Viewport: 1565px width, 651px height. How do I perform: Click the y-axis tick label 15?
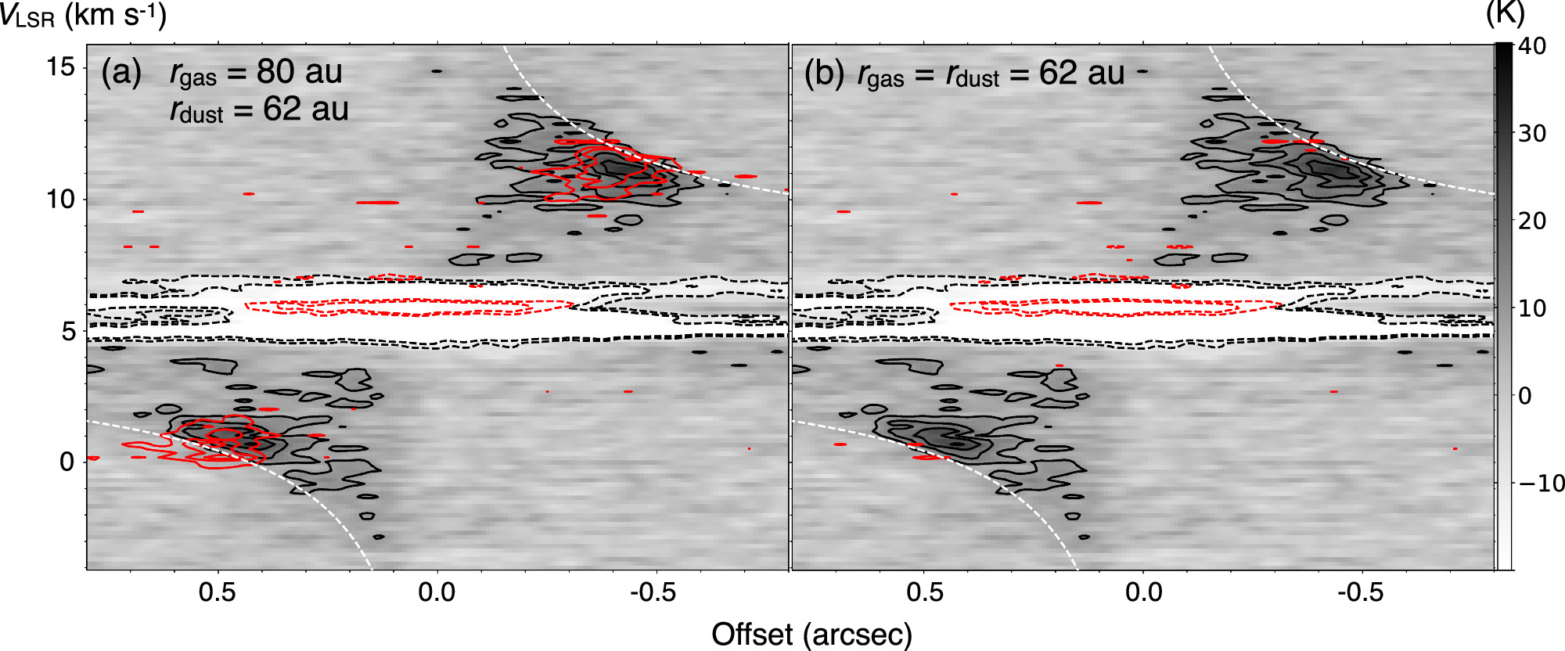point(61,67)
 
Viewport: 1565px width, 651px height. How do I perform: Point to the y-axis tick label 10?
point(61,199)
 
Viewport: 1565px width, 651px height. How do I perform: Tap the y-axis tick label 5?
point(69,331)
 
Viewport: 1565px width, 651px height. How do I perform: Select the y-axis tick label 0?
point(68,462)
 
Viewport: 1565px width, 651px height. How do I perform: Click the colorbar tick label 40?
point(1532,46)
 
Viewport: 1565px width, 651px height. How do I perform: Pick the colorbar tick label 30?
point(1532,134)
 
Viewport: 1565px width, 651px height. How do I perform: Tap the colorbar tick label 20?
point(1532,221)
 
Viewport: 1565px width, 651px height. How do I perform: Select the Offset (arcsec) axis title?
point(811,634)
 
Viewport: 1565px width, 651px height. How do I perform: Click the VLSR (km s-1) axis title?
point(83,16)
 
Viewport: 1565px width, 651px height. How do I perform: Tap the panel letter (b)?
point(825,74)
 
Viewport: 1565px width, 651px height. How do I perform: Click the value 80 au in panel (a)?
point(299,72)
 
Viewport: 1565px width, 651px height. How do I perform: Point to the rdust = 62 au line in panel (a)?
point(259,110)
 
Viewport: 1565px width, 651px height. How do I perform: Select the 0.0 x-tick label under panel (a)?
point(436,592)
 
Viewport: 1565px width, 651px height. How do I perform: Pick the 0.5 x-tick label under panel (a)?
point(217,592)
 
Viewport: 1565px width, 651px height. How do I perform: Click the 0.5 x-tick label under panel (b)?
point(924,592)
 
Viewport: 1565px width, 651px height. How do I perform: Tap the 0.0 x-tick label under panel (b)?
point(1143,592)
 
